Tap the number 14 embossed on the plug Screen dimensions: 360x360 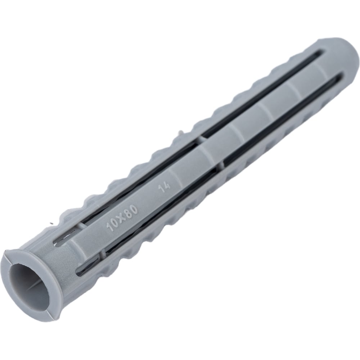tap(165, 187)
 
